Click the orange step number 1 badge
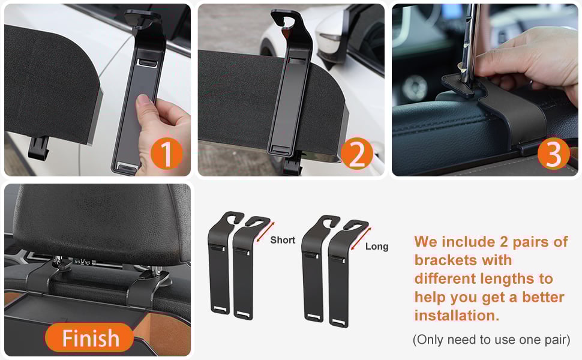tap(167, 154)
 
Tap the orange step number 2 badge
tap(356, 154)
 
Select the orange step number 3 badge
tap(553, 154)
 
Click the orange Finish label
tap(89, 338)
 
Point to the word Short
tap(283, 240)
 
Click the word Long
tap(377, 247)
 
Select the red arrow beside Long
tap(361, 239)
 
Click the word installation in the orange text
tap(457, 316)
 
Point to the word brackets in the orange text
tap(463, 260)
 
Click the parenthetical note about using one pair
tap(491, 340)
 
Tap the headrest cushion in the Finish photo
tap(100, 223)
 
